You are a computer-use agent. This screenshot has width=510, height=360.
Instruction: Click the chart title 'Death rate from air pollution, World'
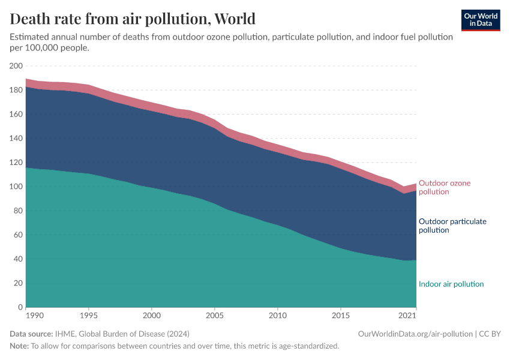(133, 19)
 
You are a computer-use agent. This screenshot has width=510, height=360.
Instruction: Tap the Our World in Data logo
(480, 20)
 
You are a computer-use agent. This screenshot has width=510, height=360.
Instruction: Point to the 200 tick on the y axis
(16, 66)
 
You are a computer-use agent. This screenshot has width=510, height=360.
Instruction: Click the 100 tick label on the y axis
(16, 187)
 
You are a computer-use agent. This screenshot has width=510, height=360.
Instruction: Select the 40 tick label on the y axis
(17, 259)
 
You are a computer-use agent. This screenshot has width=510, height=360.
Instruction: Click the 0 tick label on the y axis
(20, 307)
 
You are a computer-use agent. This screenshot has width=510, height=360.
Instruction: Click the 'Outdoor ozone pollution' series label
(444, 187)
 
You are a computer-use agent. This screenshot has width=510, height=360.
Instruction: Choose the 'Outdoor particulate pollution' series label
(452, 226)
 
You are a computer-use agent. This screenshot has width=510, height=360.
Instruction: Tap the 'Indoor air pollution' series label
(451, 284)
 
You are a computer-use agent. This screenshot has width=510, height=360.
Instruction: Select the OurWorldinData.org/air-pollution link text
(413, 334)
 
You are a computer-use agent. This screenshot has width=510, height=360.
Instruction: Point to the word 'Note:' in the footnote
(19, 346)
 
